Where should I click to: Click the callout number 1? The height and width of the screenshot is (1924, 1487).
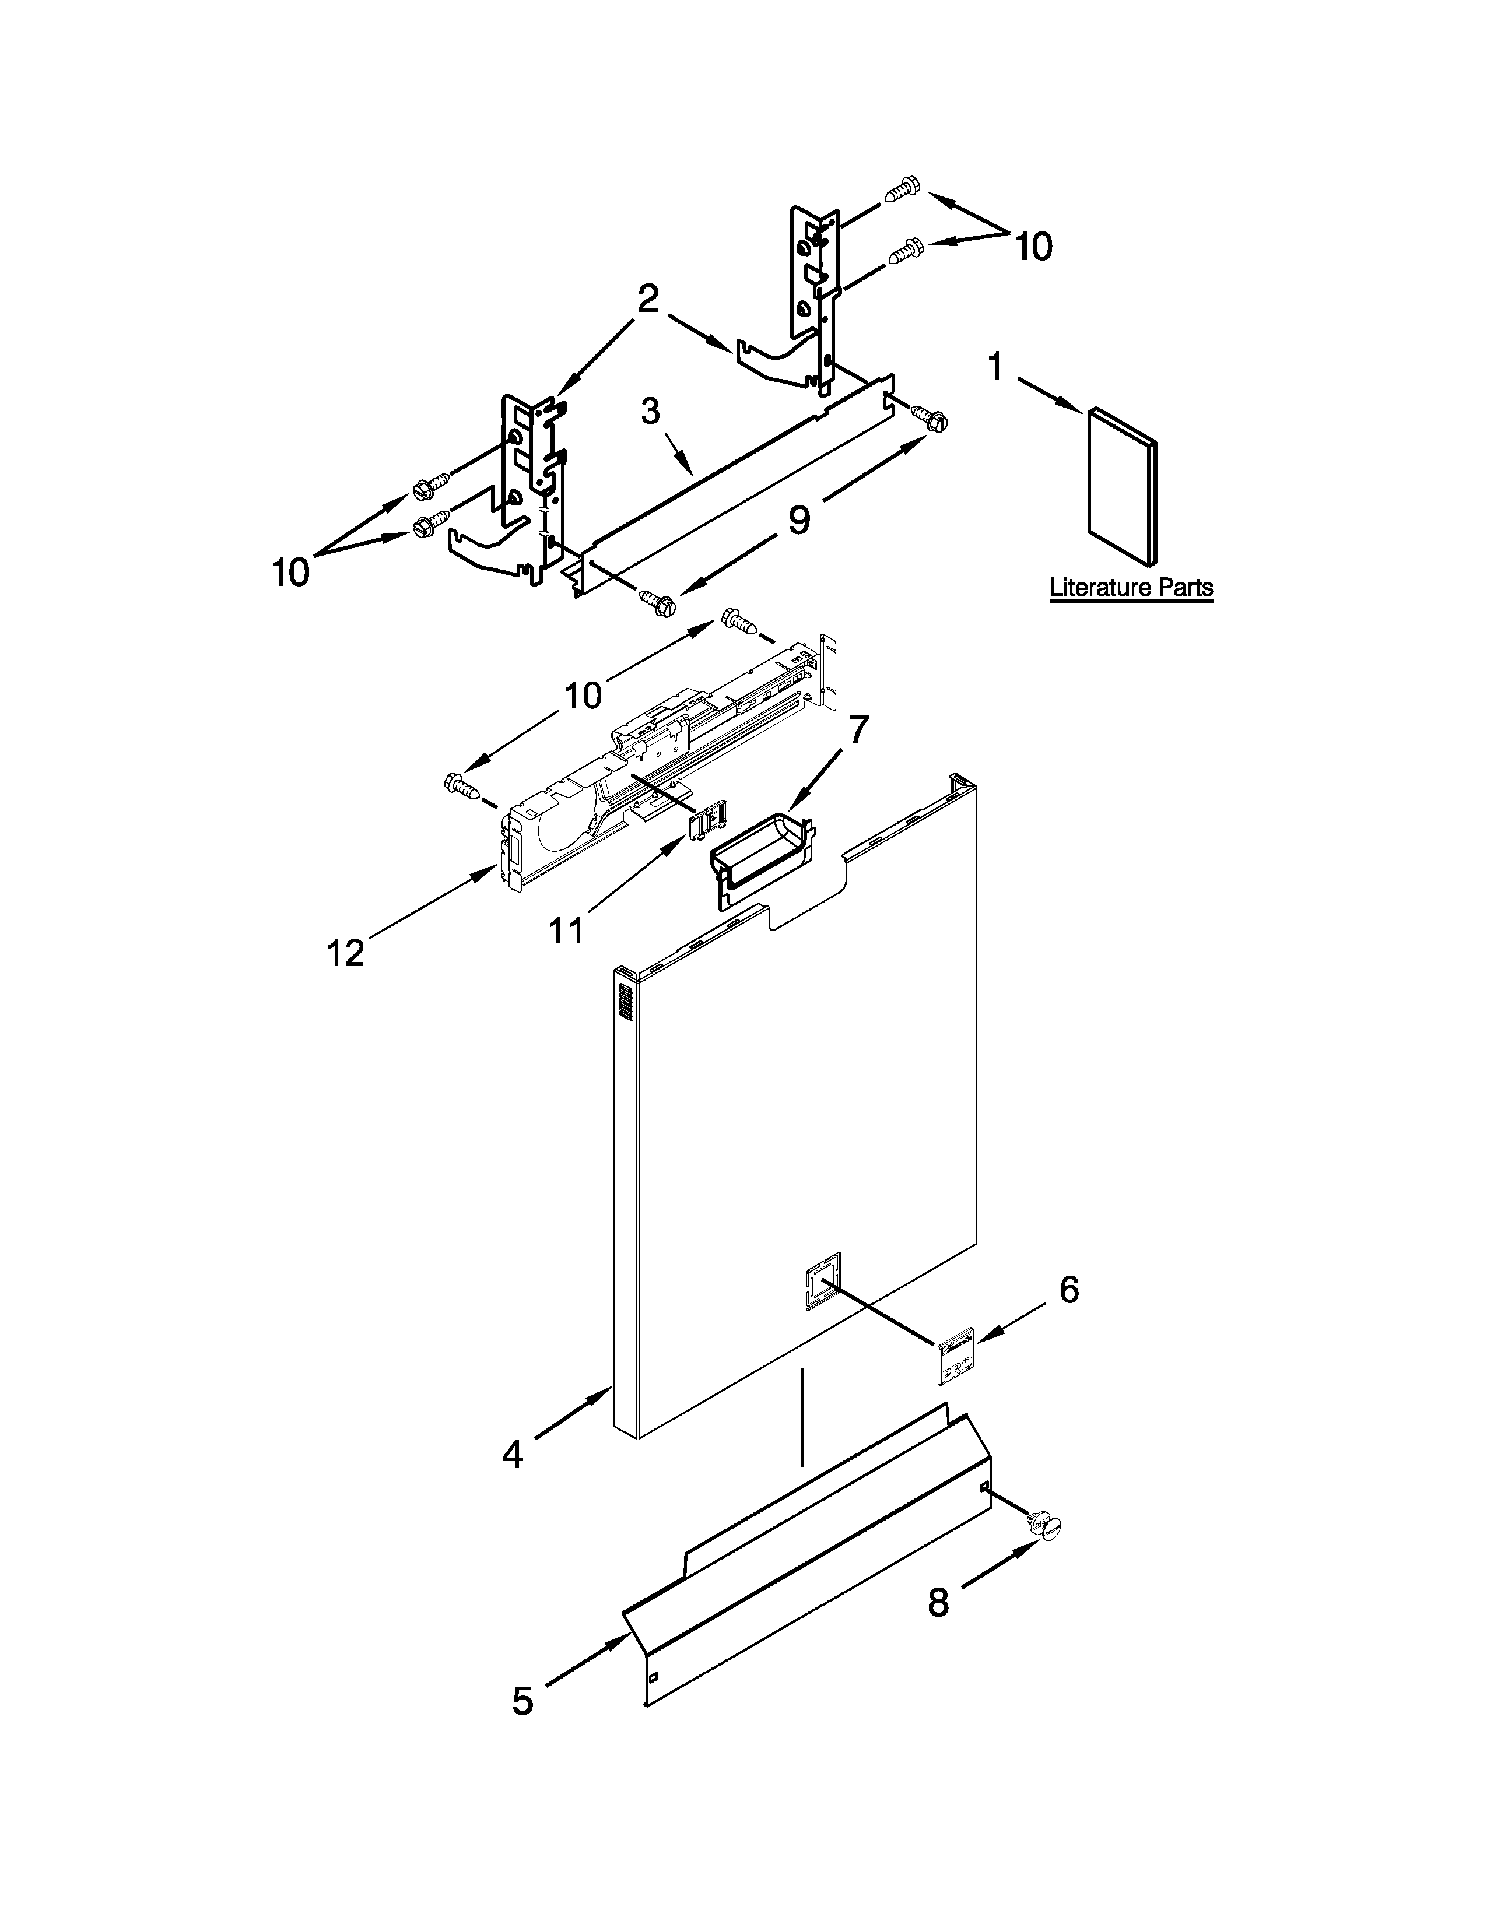995,367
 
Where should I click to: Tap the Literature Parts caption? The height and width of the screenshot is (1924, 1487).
1131,588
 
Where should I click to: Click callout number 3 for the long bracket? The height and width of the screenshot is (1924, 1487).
650,412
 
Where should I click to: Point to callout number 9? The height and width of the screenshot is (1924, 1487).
798,519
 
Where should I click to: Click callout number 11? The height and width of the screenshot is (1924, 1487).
566,929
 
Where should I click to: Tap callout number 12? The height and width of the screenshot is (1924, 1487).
345,952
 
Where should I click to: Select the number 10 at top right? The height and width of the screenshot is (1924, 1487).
1033,247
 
